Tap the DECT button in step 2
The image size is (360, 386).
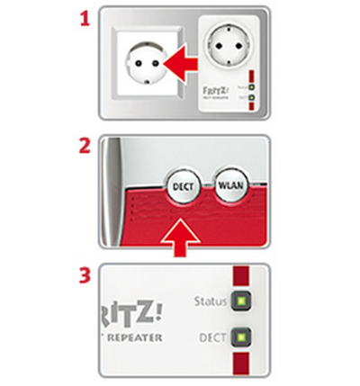pyautogui.click(x=181, y=187)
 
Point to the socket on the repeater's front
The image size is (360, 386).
pyautogui.click(x=227, y=45)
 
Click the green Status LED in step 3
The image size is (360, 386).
pyautogui.click(x=240, y=301)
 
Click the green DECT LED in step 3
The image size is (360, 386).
pyautogui.click(x=240, y=339)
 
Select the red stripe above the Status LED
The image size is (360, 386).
pyautogui.click(x=240, y=275)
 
